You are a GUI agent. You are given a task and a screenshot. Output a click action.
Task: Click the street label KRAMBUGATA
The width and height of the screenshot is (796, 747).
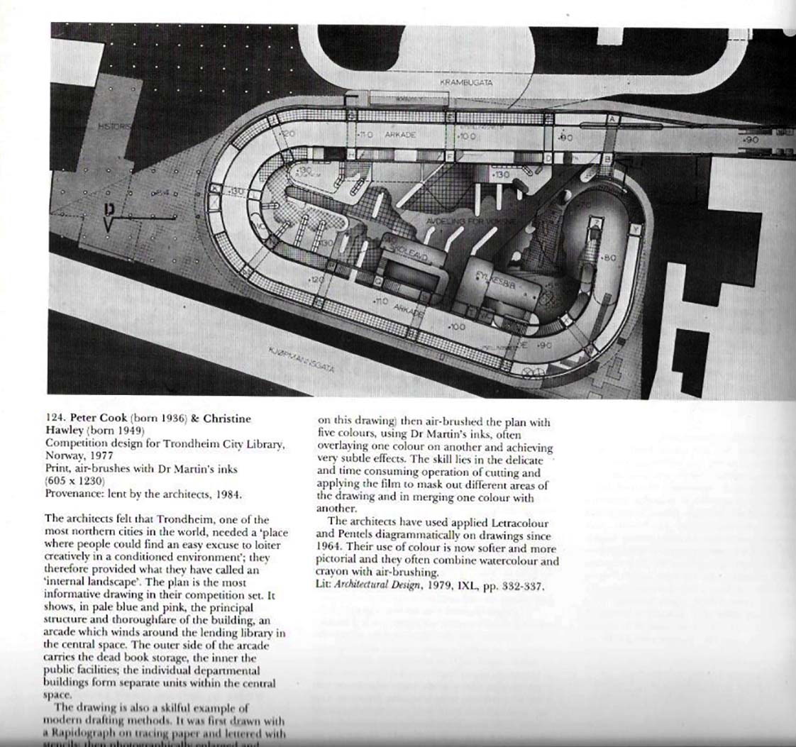coord(466,82)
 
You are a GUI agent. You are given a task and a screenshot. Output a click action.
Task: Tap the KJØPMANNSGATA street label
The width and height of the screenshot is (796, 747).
coord(302,360)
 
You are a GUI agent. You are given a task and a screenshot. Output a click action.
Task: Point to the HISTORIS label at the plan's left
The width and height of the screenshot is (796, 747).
coord(114,126)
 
